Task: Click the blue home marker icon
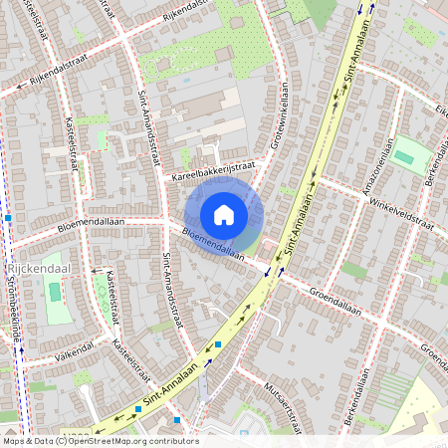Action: (224, 214)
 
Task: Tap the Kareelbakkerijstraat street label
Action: (213, 172)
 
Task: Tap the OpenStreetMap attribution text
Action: (100, 440)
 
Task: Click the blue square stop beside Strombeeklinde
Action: (8, 216)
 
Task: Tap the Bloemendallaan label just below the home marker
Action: (213, 242)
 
